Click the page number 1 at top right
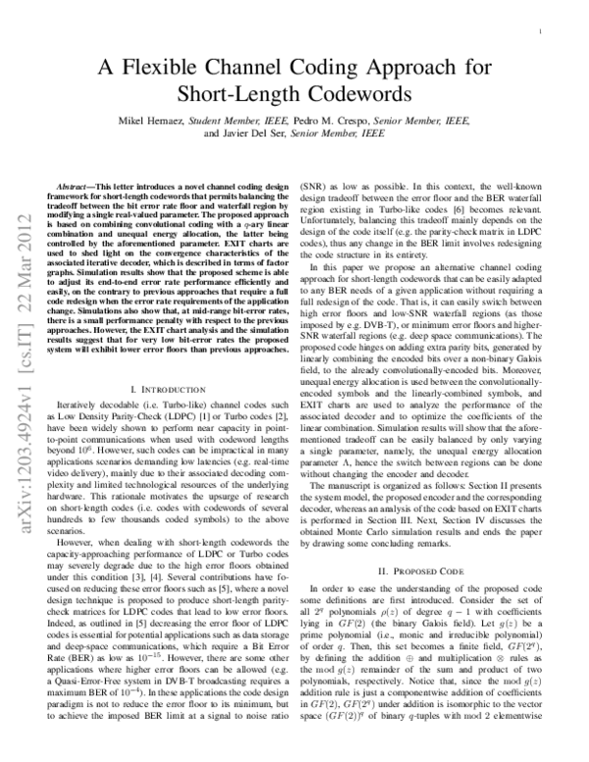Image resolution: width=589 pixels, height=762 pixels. click(543, 31)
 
